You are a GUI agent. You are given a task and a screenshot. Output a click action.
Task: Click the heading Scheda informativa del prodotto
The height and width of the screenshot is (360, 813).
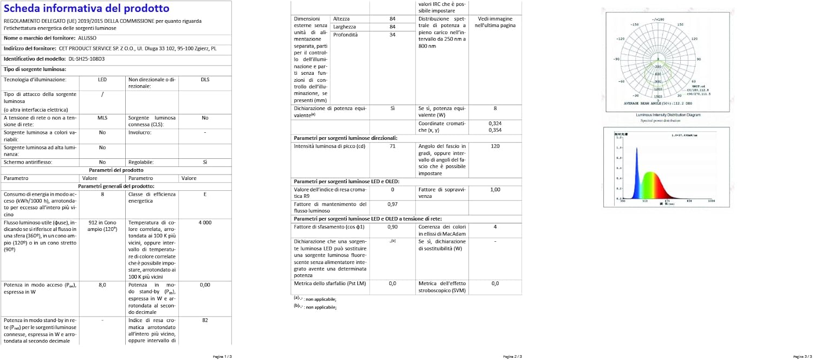pos(86,9)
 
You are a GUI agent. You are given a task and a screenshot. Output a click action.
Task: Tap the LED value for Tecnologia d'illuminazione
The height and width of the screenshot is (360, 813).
pos(102,80)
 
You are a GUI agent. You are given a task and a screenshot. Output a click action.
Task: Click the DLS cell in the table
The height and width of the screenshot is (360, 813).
pos(205,80)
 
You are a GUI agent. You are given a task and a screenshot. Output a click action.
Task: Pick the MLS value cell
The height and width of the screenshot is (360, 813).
pos(102,118)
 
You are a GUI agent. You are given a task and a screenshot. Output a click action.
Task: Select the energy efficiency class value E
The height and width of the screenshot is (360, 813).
pos(205,194)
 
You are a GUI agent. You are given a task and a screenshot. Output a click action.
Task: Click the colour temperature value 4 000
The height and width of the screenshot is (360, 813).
pos(205,223)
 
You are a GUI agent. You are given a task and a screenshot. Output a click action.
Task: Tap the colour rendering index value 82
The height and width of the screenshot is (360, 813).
pos(205,320)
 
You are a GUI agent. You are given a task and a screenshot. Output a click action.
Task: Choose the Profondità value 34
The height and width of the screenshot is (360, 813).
pos(392,35)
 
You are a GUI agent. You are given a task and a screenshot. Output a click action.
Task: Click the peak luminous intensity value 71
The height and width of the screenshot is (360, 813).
pos(392,146)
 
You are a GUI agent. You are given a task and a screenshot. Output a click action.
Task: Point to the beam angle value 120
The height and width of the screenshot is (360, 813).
pos(495,146)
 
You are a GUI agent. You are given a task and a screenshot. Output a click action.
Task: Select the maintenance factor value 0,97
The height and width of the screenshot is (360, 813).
pos(392,204)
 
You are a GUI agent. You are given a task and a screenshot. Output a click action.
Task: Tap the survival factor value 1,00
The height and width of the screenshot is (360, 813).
pos(495,190)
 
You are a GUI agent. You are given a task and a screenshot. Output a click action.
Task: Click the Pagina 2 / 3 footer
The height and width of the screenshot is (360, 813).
pos(512,356)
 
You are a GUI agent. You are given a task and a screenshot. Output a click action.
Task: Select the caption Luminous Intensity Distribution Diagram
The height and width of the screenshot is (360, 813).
pos(668,115)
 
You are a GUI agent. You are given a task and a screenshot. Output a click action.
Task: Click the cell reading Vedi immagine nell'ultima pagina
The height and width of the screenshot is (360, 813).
pos(495,22)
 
